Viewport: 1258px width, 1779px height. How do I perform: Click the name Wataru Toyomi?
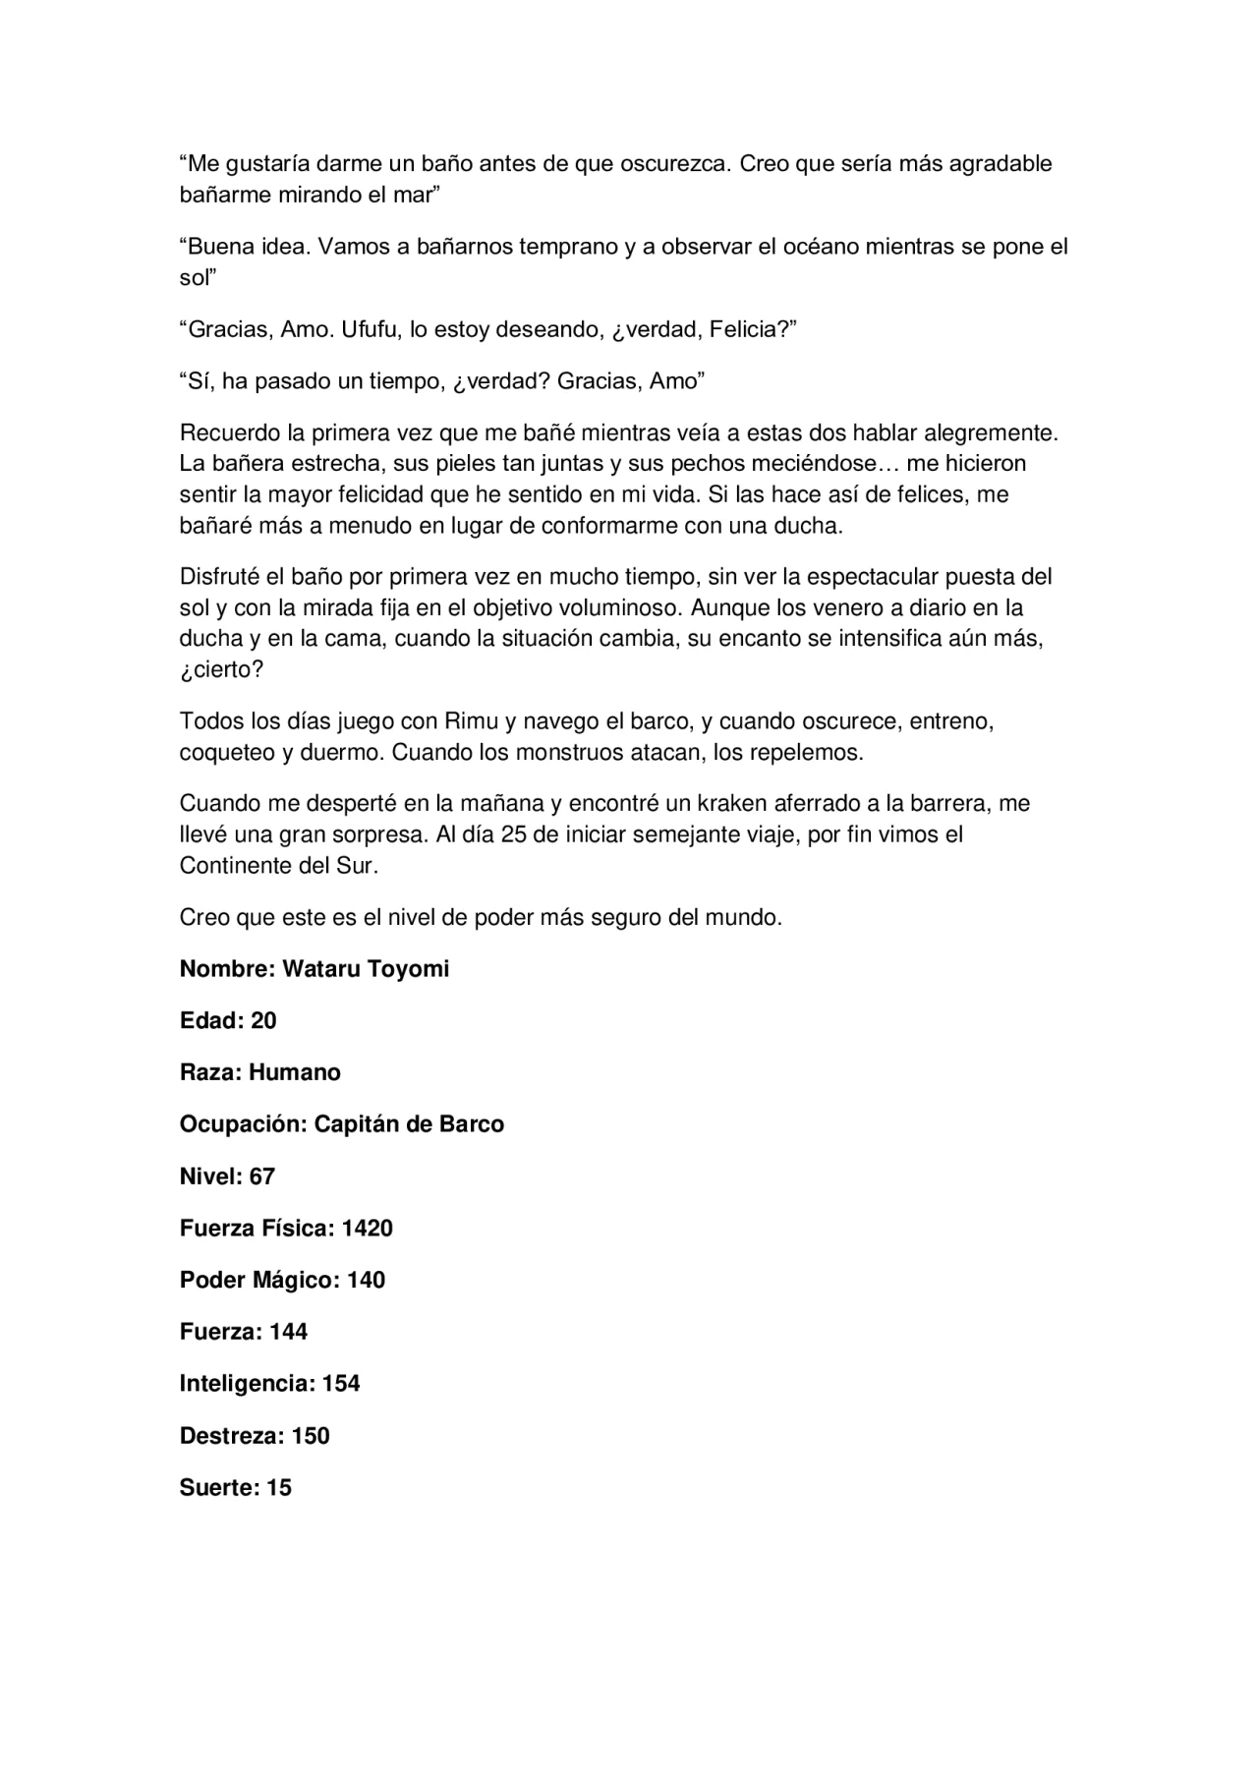pos(366,969)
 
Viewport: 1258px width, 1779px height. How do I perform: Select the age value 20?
pos(263,1021)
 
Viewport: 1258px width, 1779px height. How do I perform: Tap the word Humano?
pos(295,1072)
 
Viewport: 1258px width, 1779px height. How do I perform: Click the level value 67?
pos(261,1176)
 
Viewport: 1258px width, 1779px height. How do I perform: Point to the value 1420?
pos(367,1229)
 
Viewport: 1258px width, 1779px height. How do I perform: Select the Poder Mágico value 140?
pos(366,1281)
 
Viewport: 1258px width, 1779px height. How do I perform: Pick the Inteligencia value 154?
pos(341,1384)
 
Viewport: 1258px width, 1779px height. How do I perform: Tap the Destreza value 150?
pos(311,1436)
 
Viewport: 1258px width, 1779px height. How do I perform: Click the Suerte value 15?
pos(279,1488)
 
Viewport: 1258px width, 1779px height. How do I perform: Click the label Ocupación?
pos(243,1124)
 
